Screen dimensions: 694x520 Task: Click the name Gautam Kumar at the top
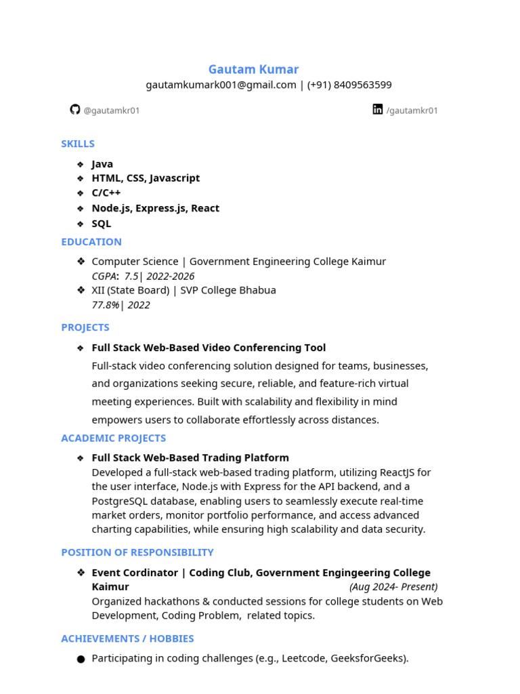253,69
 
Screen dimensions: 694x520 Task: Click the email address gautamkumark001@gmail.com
221,85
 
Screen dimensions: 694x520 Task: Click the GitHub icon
75,109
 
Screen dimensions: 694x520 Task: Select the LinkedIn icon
378,109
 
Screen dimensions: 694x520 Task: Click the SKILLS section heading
78,144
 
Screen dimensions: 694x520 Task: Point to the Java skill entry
102,164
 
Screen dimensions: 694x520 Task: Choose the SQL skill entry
102,224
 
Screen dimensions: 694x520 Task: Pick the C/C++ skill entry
106,193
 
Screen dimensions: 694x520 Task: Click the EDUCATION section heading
91,242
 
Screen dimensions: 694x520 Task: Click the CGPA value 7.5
131,277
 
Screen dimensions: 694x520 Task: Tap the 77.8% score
105,305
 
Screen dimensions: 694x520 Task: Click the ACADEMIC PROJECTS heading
113,438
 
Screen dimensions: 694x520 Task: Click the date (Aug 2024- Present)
393,587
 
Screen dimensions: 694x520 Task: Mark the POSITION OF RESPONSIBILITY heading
137,552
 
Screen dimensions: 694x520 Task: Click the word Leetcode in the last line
303,658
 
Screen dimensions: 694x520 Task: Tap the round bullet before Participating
81,659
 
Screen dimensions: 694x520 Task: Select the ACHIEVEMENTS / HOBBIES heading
127,638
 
